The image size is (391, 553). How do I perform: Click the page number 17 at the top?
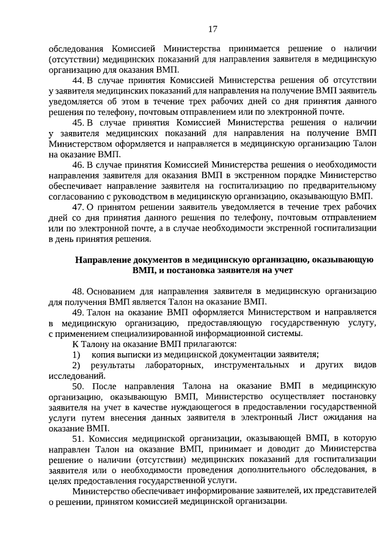[213, 29]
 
